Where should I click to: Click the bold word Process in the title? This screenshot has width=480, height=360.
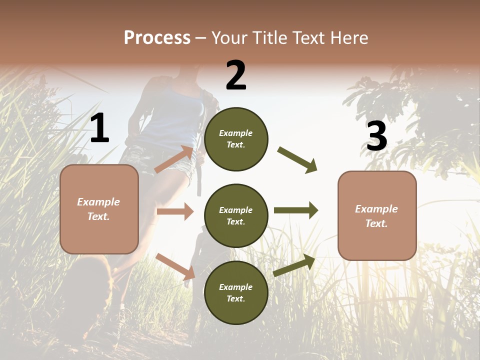157,38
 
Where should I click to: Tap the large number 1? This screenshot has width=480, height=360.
99,128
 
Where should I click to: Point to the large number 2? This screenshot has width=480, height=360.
236,75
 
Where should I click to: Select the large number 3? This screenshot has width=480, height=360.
376,136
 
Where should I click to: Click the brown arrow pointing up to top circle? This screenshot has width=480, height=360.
174,159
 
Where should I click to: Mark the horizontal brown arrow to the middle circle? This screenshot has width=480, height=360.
175,211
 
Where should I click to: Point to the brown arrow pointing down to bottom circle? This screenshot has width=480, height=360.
175,266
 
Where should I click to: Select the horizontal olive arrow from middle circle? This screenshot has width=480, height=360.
295,210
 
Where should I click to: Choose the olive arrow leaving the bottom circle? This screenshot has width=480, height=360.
294,265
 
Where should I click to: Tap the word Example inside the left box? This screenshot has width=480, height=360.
98,202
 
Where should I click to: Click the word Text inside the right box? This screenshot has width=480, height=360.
376,223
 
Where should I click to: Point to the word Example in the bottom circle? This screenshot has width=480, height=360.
235,287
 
